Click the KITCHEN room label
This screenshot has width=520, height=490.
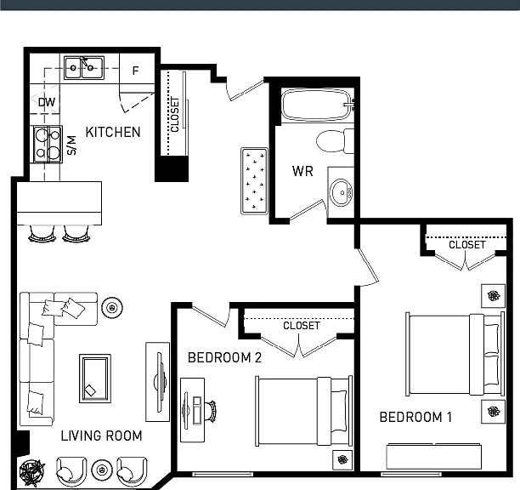[113, 132]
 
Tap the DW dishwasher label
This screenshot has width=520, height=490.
[47, 102]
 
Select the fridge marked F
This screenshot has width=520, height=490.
[137, 71]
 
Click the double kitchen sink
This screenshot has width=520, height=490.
[84, 68]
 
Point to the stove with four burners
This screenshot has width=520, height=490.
[48, 144]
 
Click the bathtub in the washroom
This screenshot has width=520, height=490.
[316, 105]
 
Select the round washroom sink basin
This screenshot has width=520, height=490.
[341, 192]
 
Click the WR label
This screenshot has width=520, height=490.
[302, 171]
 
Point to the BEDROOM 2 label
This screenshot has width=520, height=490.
[224, 357]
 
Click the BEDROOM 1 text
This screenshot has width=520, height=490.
[415, 417]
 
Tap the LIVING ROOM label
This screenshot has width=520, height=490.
[101, 436]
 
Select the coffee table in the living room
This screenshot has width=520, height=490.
[95, 379]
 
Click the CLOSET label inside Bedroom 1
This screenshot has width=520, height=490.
[467, 245]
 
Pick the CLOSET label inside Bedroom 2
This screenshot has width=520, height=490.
[302, 326]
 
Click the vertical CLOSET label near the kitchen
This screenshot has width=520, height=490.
[175, 115]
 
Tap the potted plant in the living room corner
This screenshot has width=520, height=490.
[31, 472]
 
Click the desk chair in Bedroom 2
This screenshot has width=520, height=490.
[211, 412]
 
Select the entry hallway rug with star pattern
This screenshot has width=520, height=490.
[254, 181]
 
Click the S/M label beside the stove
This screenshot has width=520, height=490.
[72, 145]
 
